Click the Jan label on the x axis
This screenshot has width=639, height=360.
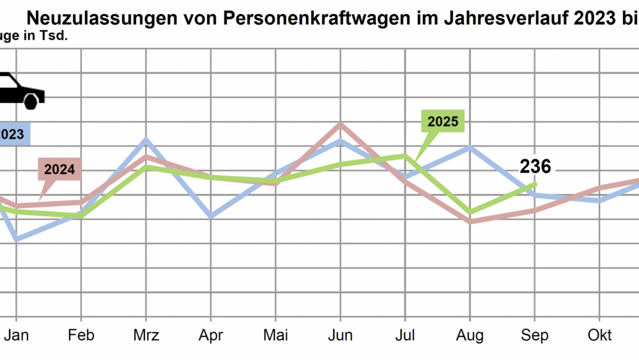pos(17,336)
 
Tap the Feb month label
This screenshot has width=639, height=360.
pos(81,336)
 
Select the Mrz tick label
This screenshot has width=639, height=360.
pos(146,336)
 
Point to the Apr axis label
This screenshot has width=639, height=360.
pos(211,336)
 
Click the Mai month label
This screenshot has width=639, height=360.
pos(275,336)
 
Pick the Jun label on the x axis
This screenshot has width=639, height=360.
pos(341,336)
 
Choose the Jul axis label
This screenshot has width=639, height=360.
pos(405,336)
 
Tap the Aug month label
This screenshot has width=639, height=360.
pos(470,336)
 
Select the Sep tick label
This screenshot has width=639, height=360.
pos(535,336)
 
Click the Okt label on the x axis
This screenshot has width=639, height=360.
pos(599,336)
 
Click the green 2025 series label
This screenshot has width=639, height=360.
pos(443,121)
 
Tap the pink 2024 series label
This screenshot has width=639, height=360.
pos(59,170)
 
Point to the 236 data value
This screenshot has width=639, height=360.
pos(535,167)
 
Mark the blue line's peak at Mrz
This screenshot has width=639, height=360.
pos(146,139)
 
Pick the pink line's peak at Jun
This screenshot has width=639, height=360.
pos(341,123)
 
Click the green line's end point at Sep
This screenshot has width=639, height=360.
pos(535,184)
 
